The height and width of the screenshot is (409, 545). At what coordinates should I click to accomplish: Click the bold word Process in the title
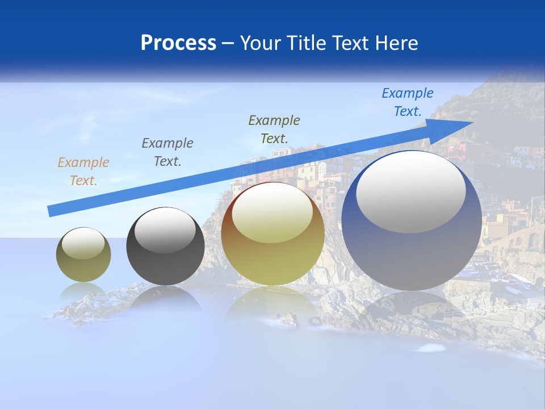pos(178,43)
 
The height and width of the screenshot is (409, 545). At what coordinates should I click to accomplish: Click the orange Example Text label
pos(83,172)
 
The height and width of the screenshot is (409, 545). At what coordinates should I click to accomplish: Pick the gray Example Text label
pos(167,152)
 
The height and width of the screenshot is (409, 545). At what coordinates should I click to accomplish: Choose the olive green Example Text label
pos(274,129)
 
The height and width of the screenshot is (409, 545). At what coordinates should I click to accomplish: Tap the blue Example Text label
pos(407,102)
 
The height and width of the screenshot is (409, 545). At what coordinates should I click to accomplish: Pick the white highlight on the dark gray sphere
pos(165,230)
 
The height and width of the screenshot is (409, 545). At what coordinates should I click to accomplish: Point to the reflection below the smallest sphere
pos(83,291)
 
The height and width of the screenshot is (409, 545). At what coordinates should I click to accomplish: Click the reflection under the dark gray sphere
pos(165,297)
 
